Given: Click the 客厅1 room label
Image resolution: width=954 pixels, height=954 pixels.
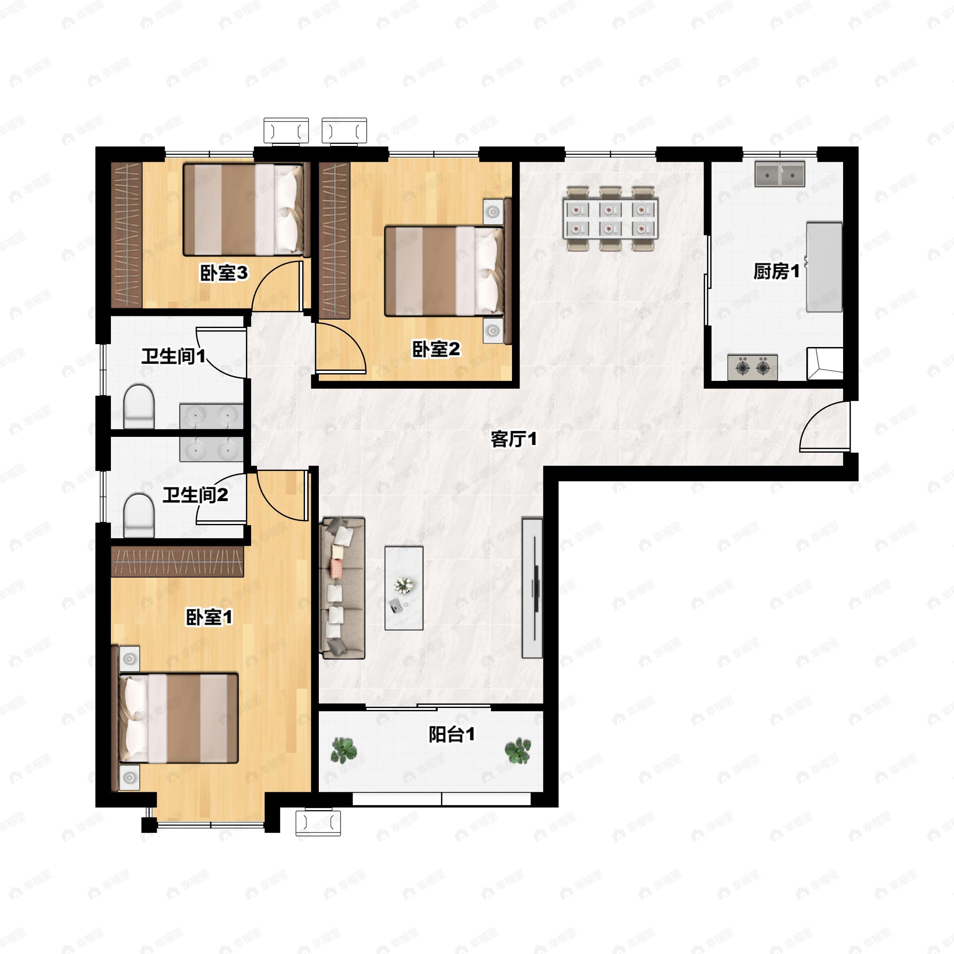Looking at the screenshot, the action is pyautogui.click(x=513, y=438).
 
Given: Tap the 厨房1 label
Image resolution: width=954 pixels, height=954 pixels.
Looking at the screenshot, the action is pyautogui.click(x=776, y=271).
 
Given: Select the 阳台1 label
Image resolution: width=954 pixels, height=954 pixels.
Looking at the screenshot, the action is pyautogui.click(x=451, y=734).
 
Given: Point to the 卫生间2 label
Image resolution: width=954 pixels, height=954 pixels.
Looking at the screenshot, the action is pyautogui.click(x=196, y=494).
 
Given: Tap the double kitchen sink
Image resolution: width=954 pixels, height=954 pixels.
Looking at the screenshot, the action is pyautogui.click(x=779, y=175).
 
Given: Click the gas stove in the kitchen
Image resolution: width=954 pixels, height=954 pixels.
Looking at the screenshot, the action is pyautogui.click(x=752, y=367).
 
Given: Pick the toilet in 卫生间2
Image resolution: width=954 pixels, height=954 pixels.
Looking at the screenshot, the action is pyautogui.click(x=139, y=516).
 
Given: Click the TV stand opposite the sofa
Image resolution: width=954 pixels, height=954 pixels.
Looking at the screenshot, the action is pyautogui.click(x=532, y=588).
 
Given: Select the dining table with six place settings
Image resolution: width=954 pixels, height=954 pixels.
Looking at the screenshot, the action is pyautogui.click(x=610, y=218).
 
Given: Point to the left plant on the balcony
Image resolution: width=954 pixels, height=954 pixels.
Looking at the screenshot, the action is pyautogui.click(x=344, y=750).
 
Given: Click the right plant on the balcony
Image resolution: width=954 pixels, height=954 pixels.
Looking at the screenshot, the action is pyautogui.click(x=518, y=750).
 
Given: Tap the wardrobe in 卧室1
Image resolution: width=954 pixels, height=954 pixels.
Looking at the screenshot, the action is pyautogui.click(x=177, y=561).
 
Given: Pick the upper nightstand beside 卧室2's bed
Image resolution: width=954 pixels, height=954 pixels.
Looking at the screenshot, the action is pyautogui.click(x=493, y=212).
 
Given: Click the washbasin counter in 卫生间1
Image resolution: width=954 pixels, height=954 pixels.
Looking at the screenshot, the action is pyautogui.click(x=211, y=416).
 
